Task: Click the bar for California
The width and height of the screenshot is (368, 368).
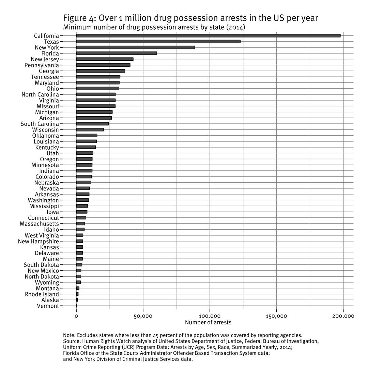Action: click(x=208, y=36)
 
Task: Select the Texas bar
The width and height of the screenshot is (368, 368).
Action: click(x=158, y=42)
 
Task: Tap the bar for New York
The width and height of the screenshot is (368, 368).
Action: click(x=135, y=47)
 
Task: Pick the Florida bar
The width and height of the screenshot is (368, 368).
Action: click(x=116, y=53)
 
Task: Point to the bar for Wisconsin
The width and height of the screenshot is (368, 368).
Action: click(x=90, y=130)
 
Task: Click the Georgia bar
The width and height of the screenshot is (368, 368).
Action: click(x=100, y=71)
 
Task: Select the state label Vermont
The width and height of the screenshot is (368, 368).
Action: click(x=48, y=306)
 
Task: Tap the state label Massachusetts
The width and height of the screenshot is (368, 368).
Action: click(x=39, y=224)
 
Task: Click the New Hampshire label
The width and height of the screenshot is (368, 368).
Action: click(x=39, y=242)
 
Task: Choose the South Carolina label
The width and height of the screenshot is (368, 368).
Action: click(x=40, y=124)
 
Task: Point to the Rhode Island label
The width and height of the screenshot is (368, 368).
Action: click(x=42, y=294)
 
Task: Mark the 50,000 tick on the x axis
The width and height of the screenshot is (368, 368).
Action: click(x=143, y=316)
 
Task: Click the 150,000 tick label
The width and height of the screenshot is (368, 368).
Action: click(x=276, y=316)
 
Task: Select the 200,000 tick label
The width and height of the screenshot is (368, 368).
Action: click(x=343, y=316)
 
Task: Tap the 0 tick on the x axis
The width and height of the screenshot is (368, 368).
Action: click(x=76, y=316)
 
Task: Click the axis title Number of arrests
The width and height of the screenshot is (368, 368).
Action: click(x=208, y=322)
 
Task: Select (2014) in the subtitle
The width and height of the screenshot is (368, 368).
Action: click(x=235, y=27)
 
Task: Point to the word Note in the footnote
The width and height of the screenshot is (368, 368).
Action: click(x=69, y=335)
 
